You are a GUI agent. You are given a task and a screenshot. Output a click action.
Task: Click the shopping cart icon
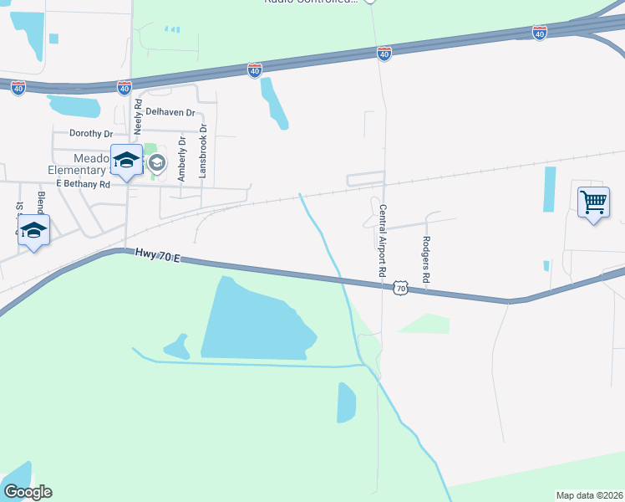click(593, 202)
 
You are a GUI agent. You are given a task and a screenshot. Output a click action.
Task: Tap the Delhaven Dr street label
click(170, 112)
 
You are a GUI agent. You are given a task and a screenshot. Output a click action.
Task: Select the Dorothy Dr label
click(91, 134)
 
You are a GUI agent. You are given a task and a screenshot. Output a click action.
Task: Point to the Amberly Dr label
click(180, 158)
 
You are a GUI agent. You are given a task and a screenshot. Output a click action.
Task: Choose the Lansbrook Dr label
click(202, 151)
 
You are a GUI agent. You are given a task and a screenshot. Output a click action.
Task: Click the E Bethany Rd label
click(83, 184)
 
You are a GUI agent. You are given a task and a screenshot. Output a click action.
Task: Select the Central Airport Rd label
click(382, 241)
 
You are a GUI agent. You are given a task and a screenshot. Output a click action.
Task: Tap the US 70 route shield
click(400, 288)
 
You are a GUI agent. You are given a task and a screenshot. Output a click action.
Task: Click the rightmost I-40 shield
click(540, 33)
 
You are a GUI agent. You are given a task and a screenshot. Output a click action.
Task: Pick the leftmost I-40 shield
click(18, 86)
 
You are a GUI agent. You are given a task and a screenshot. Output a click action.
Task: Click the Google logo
click(28, 492)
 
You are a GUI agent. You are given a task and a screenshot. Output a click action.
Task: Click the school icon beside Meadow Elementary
click(126, 161)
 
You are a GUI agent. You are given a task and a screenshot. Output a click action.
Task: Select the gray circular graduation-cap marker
click(157, 163)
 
